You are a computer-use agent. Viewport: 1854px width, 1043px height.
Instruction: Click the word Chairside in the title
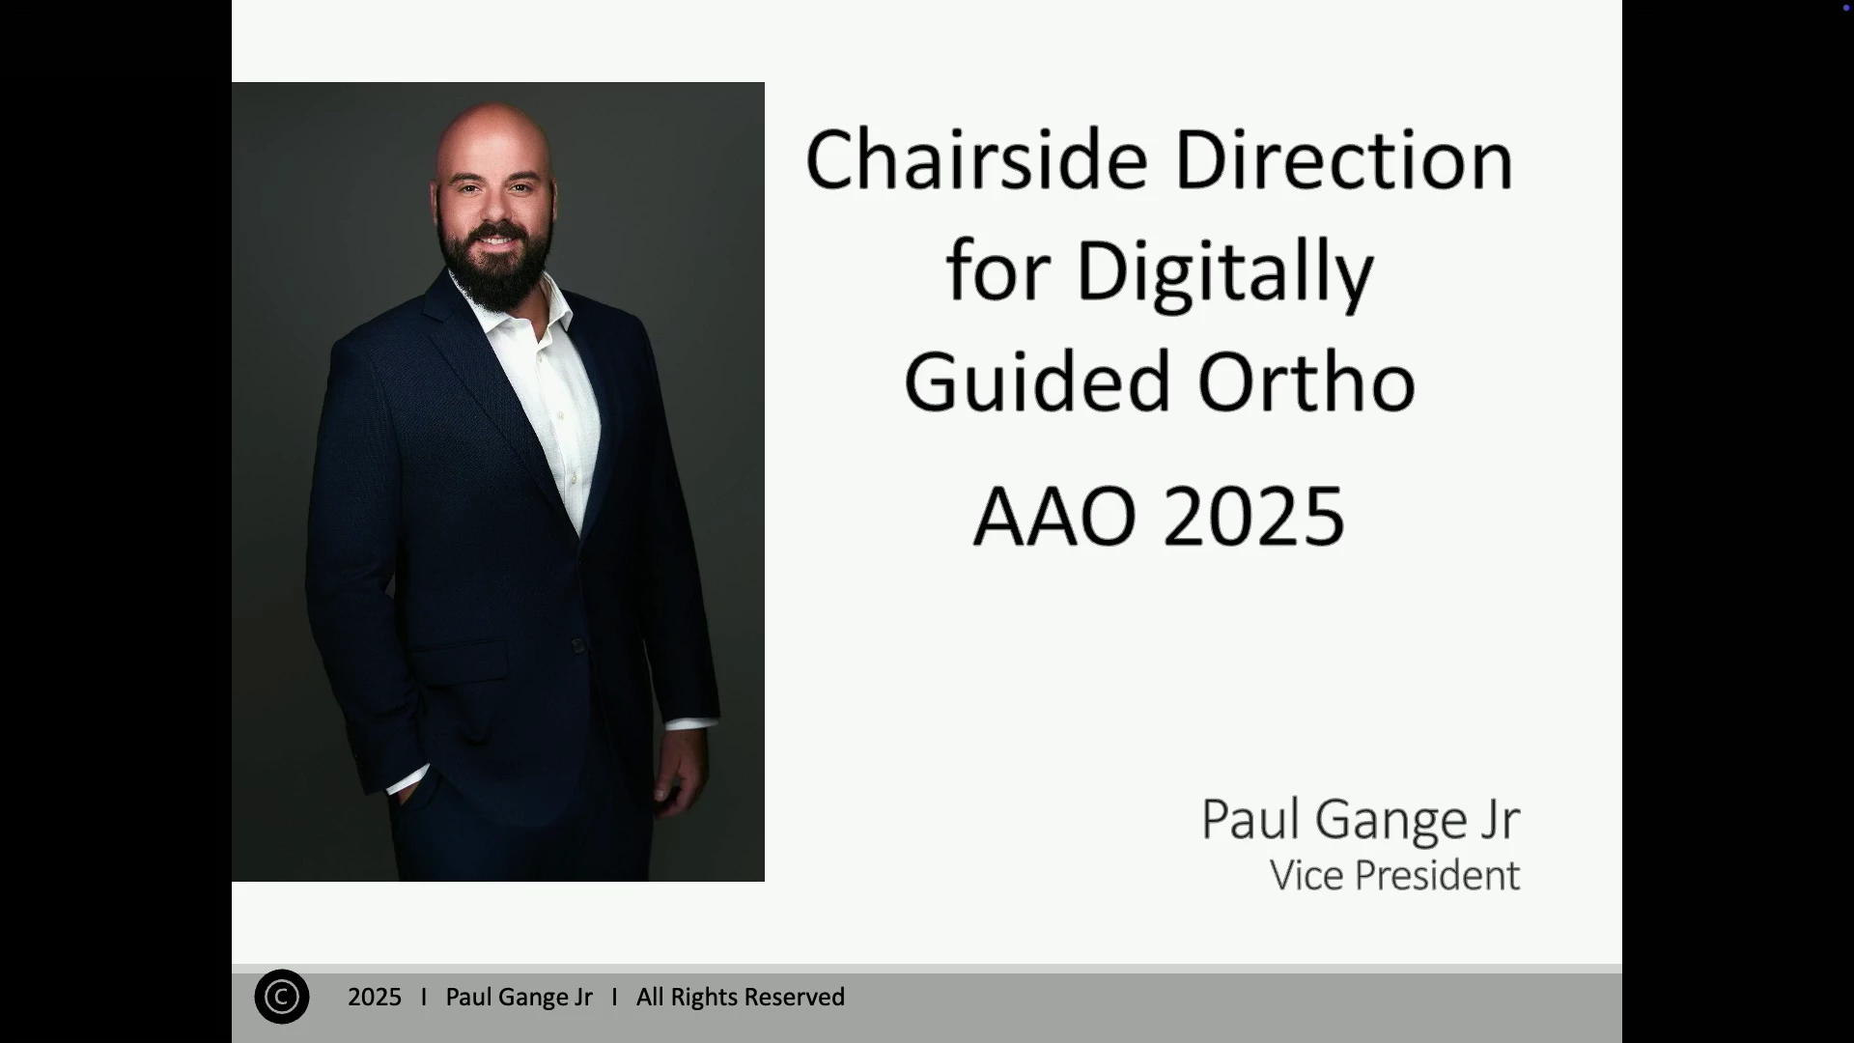pos(976,159)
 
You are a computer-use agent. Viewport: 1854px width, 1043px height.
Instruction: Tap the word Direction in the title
pos(1343,159)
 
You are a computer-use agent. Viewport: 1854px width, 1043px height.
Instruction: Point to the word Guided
pos(1038,381)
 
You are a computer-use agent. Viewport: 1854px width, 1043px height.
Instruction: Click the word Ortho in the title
pos(1306,381)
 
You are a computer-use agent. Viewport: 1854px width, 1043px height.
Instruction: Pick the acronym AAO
pos(1055,517)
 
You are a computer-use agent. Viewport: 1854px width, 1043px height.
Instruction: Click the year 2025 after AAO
pos(1253,517)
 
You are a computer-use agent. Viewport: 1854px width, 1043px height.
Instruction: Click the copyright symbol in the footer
pos(282,997)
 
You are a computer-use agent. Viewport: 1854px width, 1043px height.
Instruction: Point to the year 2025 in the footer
pos(375,998)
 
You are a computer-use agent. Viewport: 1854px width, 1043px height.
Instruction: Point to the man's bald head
pos(493,135)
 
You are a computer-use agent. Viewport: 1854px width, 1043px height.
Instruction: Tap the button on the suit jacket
pos(577,645)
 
